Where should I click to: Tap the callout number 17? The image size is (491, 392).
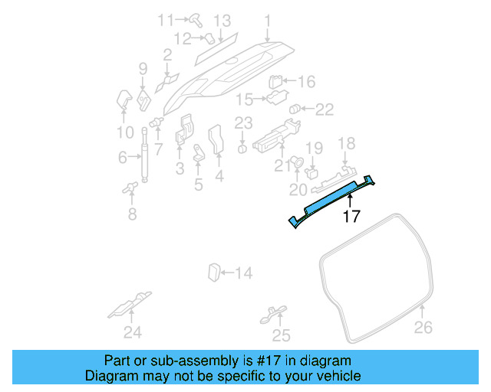point(351,217)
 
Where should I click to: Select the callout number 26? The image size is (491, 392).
point(423,328)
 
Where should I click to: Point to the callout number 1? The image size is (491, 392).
point(267,20)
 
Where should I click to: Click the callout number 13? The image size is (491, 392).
point(222,20)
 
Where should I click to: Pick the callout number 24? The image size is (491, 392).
point(133,332)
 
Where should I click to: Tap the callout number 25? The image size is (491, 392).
point(282,335)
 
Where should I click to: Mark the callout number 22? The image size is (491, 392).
point(325,109)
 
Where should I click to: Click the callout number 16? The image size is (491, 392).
point(305,82)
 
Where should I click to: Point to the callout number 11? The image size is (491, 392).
point(166,19)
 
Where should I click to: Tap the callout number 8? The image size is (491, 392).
point(132,214)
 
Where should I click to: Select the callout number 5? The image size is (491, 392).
point(198,184)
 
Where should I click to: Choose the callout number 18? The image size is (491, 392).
point(347,143)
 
